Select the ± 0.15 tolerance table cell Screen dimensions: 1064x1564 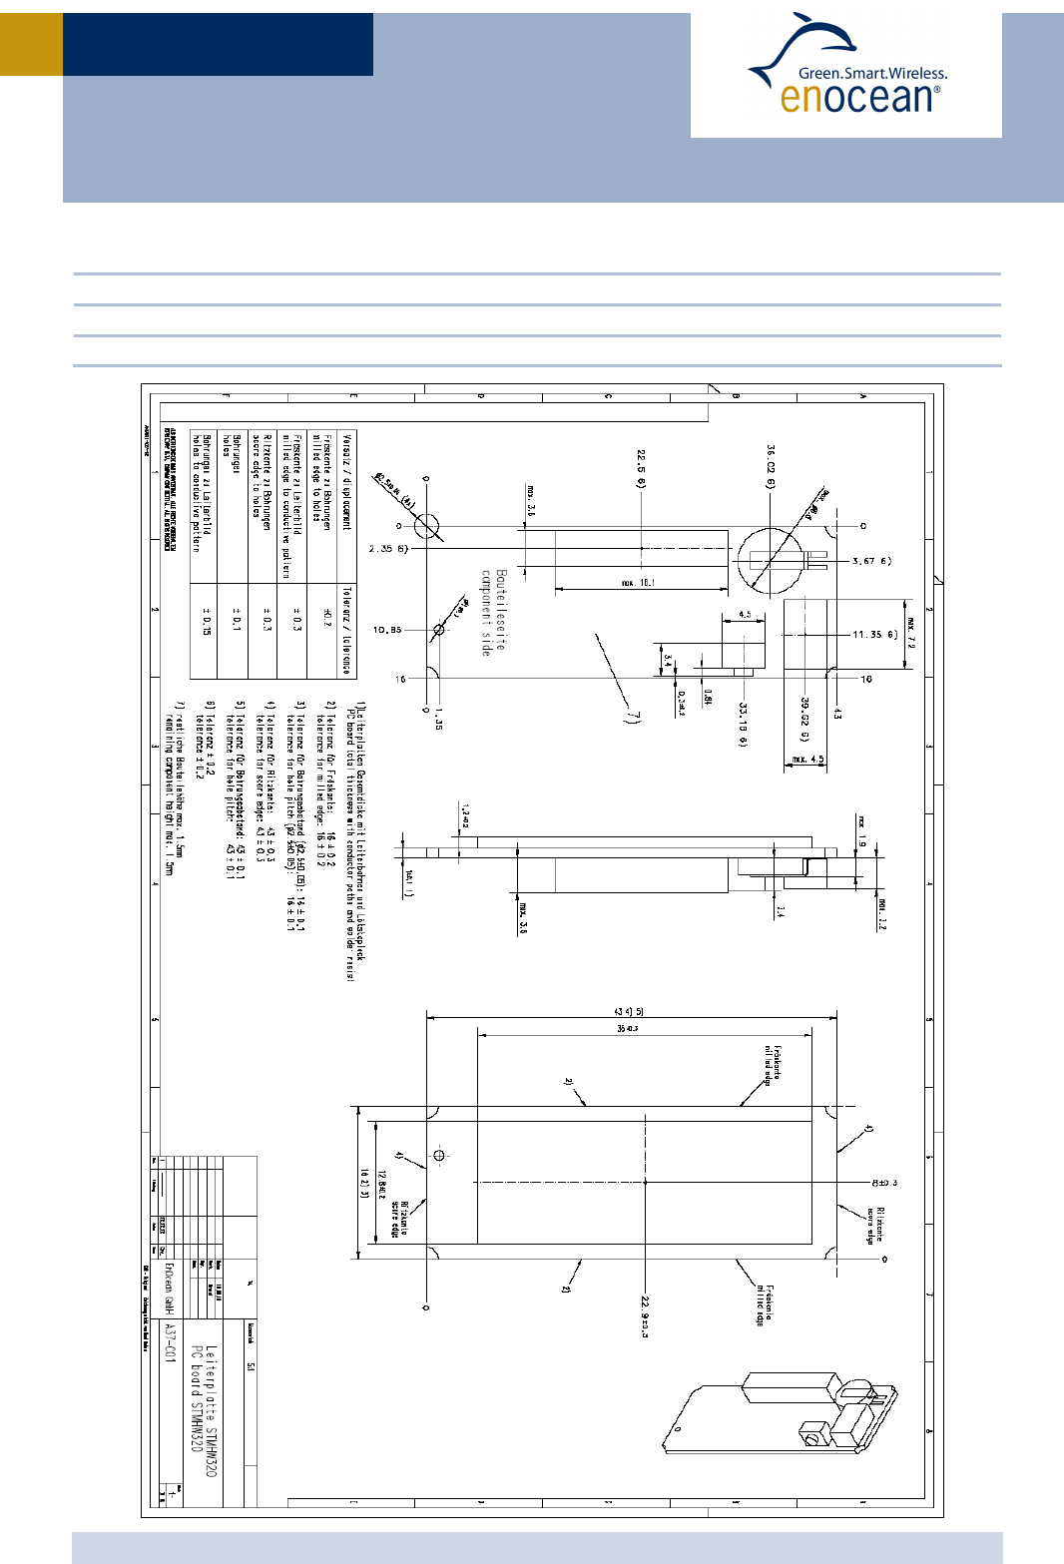click(207, 621)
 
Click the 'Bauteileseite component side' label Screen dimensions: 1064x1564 click(493, 612)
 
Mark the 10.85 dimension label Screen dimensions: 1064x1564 click(387, 630)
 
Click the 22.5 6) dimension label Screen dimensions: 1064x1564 click(641, 468)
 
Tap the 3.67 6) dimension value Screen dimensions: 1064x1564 click(871, 561)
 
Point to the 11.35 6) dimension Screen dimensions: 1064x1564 click(874, 634)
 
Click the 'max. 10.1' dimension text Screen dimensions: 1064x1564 click(639, 583)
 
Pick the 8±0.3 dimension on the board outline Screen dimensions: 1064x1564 click(884, 1183)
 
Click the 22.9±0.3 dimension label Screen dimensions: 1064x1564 click(645, 1316)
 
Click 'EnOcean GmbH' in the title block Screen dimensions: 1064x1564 click(169, 1288)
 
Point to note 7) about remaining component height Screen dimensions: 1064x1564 click(174, 787)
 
